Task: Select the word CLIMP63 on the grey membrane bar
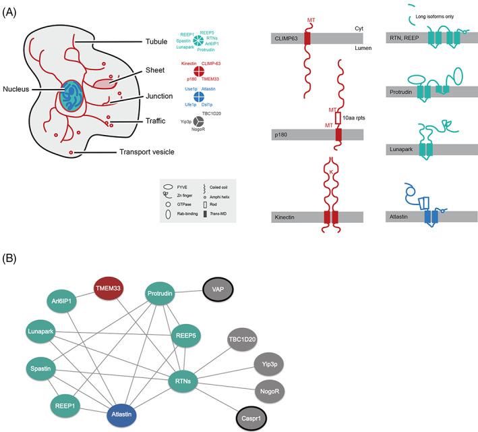pos(287,39)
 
